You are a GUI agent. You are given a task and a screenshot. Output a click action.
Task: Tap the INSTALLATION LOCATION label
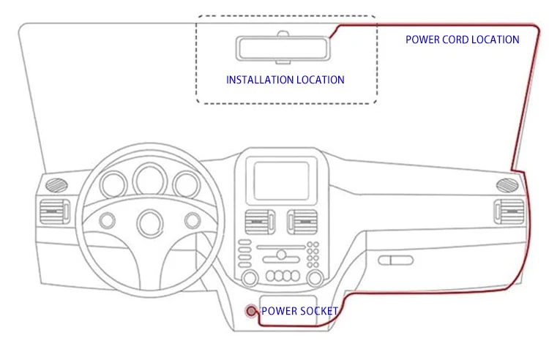[285, 80]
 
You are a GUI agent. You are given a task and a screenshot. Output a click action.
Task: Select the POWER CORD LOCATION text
[463, 40]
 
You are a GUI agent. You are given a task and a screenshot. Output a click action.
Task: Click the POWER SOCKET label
[300, 311]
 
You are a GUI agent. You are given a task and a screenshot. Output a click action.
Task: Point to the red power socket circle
[252, 311]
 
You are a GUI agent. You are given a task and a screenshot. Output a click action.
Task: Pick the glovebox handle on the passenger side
[395, 259]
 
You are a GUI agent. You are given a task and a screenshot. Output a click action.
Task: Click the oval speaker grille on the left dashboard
[56, 184]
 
